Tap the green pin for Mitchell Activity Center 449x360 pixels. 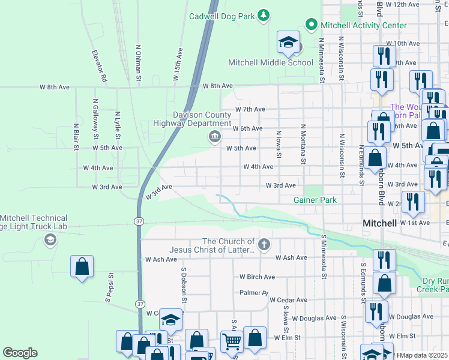coord(311,25)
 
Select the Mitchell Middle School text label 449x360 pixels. coord(270,62)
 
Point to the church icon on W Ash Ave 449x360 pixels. coord(264,244)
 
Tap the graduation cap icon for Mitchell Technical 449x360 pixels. coord(50,241)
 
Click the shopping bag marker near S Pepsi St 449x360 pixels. coord(82,266)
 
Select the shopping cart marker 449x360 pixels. coord(231,341)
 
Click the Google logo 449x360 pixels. coord(20,353)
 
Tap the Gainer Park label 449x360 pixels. coord(315,200)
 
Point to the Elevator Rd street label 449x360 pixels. coord(99,65)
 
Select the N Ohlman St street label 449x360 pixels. coord(138,62)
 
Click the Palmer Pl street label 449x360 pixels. coord(253,293)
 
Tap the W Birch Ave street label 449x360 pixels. coord(257,277)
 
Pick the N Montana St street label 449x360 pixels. coord(304,144)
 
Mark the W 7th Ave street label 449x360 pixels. coord(250,109)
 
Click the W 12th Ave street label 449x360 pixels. coord(403,4)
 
